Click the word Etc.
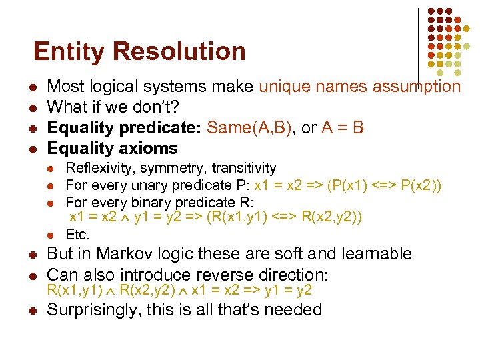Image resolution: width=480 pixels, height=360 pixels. tap(77, 234)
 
